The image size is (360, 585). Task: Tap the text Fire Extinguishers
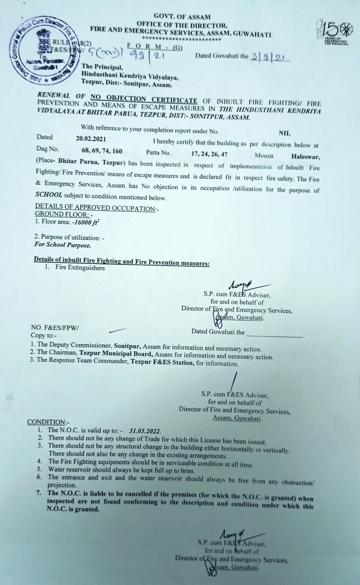point(80,268)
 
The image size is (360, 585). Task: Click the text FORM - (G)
point(154,46)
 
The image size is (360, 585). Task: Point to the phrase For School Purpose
point(63,246)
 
